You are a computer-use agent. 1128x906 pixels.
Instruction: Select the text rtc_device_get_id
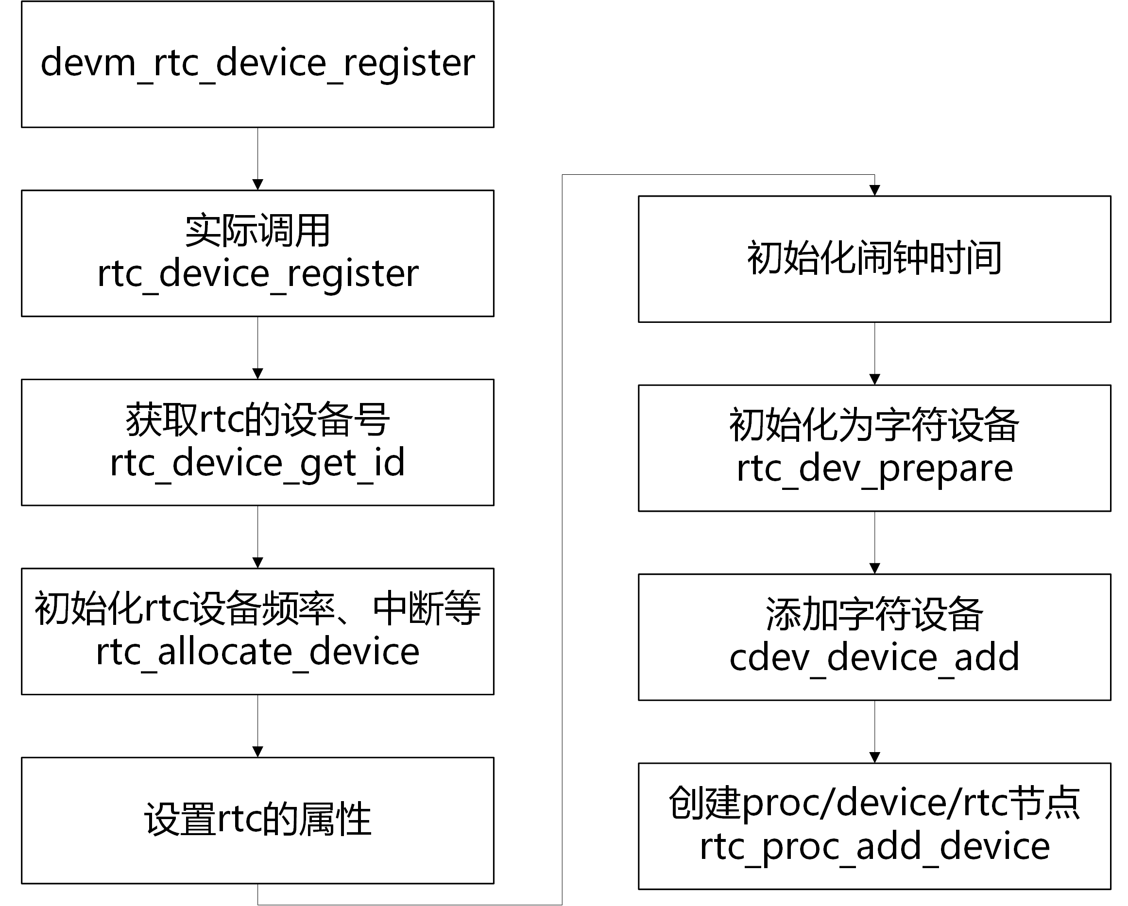coord(257,463)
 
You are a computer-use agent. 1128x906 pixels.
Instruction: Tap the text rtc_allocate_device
coord(257,652)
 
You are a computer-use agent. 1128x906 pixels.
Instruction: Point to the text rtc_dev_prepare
coord(874,469)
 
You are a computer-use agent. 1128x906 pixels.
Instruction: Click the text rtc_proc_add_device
coord(874,846)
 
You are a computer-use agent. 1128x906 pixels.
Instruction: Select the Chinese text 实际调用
coord(257,231)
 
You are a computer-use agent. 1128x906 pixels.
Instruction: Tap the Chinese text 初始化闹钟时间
coord(874,258)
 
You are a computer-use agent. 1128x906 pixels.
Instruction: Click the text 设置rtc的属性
coord(257,819)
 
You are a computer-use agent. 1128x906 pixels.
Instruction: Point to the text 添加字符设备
coord(874,614)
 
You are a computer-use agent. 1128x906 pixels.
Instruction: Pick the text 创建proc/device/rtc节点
coord(874,803)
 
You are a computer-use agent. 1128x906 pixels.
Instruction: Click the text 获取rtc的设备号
coord(257,420)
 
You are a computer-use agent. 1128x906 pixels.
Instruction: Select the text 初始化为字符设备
coord(874,425)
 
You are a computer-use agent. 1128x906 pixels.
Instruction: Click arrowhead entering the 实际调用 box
coord(257,185)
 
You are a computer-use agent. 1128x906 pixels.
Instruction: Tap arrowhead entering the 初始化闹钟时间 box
coord(874,190)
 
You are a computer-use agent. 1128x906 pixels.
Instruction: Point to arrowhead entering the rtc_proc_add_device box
coord(874,757)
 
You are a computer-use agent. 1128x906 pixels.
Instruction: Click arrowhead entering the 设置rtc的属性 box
coord(257,752)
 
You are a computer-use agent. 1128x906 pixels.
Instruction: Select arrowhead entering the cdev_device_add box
coord(874,568)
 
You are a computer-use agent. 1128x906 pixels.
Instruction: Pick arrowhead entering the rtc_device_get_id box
coord(257,374)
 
